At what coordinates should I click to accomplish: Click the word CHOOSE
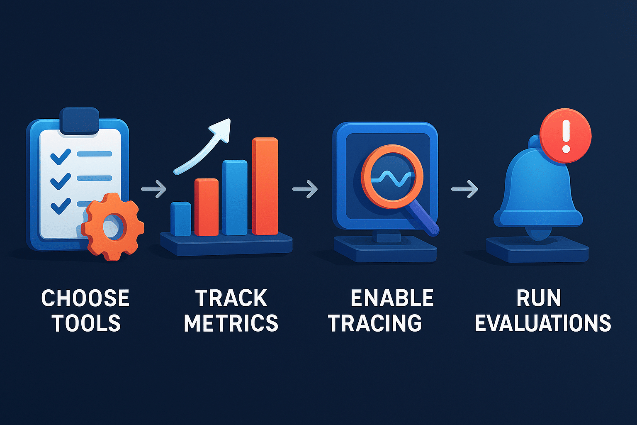85,298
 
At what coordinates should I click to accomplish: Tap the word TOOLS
86,323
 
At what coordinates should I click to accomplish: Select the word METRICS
231,323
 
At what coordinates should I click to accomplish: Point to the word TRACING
375,323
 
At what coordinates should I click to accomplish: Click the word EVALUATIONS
543,323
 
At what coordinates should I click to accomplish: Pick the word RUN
539,298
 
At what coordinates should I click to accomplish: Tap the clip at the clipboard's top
80,121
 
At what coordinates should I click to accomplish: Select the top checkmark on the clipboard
60,156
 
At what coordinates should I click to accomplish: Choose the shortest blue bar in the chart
181,219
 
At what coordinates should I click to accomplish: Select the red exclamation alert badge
566,136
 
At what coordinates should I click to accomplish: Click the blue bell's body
535,187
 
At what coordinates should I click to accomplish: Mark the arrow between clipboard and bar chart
154,189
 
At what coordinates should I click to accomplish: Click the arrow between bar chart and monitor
305,189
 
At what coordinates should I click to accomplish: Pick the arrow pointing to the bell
464,189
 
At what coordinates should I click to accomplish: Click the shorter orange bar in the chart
207,207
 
